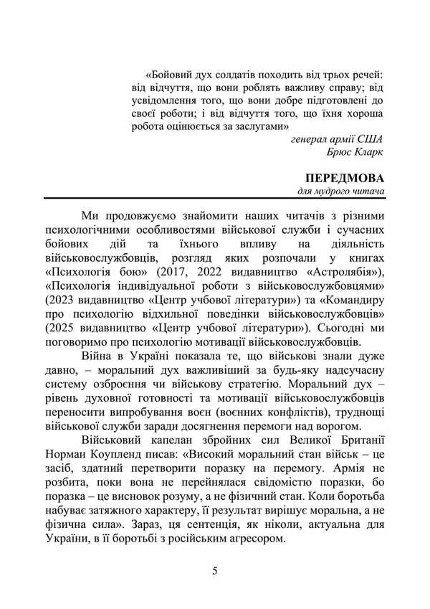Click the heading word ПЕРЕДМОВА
(345, 178)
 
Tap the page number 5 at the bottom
(214, 571)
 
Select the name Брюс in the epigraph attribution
(340, 152)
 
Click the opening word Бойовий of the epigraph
(171, 74)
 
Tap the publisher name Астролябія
(338, 270)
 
